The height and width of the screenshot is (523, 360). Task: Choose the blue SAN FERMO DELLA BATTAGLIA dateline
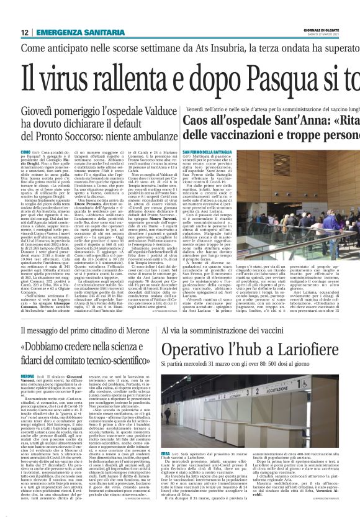(205, 152)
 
